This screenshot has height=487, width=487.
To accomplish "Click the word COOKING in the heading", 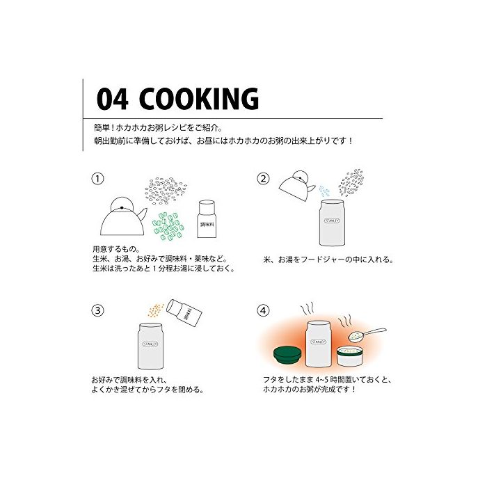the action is pos(199,99).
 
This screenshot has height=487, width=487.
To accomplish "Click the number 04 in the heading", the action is pos(112,99).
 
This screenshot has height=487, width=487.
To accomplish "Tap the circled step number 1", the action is pos(97,179).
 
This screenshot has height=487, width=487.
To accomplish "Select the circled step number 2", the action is pos(264,179).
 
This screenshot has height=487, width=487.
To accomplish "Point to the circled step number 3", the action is pos(97,310).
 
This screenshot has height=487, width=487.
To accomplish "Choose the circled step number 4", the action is pos(264,310).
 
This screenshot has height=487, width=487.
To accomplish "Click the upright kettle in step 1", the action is pos(123,216).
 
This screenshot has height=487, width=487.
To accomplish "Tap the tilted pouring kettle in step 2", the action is pos(296,186).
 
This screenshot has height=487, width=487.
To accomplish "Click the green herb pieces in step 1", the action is pos(168,226).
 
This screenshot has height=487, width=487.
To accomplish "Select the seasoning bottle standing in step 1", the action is pos(207,219).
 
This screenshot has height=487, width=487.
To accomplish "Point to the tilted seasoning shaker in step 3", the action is pos(184,313).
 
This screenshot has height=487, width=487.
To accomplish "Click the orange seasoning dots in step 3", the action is pos(156,310).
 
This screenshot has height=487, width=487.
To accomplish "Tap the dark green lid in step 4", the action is pos(287,355).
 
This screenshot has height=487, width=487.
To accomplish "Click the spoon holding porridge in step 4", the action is pos(367,334).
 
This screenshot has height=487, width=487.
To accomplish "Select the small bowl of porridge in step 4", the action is pos(351,356).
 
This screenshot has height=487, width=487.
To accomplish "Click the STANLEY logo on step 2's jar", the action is pos(332,221).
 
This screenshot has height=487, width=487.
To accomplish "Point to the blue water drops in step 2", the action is pos(324,191).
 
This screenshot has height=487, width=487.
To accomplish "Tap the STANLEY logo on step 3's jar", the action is pos(150,344).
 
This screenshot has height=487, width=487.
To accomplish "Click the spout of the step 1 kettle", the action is pos(143,214).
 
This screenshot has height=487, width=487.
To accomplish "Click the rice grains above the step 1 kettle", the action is pos(166,191).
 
